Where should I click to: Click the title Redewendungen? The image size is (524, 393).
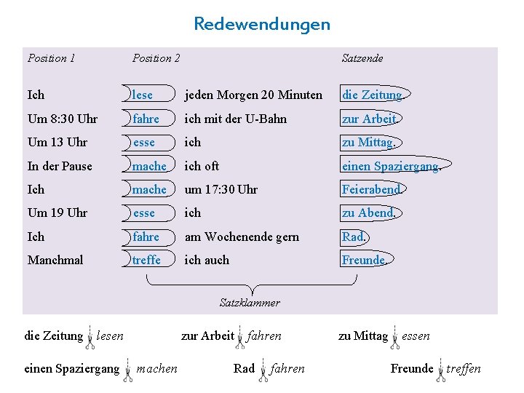click(x=261, y=24)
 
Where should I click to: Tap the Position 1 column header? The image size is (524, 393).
click(x=51, y=58)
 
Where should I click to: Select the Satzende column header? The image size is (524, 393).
click(x=362, y=58)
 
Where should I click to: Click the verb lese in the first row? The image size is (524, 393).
click(x=143, y=95)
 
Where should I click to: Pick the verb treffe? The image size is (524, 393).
click(x=146, y=260)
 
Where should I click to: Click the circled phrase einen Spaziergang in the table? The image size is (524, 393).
click(x=390, y=166)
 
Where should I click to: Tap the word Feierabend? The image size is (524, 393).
click(x=371, y=189)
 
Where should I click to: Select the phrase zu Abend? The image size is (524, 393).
click(x=368, y=213)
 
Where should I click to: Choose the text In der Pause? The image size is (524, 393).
click(x=60, y=166)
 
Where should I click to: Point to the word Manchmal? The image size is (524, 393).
click(x=55, y=260)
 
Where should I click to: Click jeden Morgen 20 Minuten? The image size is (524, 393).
click(x=253, y=95)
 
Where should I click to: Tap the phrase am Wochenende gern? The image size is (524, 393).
click(x=242, y=237)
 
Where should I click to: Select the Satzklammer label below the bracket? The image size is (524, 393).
click(x=250, y=302)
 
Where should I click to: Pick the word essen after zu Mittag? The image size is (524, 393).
click(x=416, y=336)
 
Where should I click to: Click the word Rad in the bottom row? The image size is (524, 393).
click(x=244, y=368)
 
